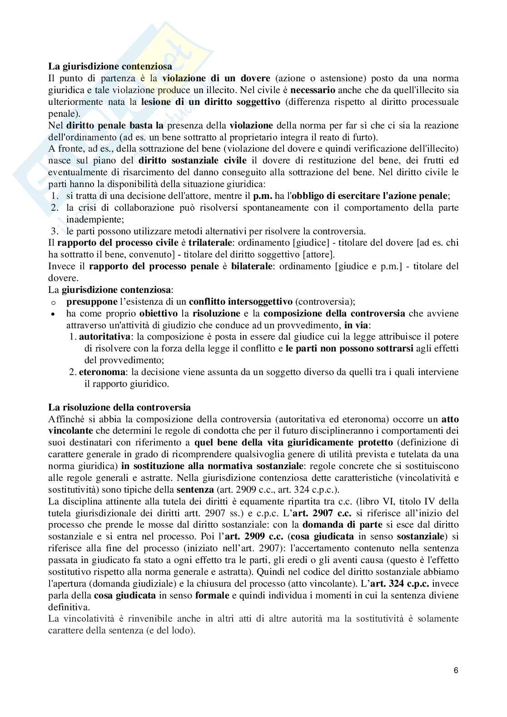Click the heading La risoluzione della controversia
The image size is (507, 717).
pos(119,407)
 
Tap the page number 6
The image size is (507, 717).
pos(456,670)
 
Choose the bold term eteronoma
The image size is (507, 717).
pos(102,372)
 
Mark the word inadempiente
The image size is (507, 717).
pos(89,219)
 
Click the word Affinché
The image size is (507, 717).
pos(66,419)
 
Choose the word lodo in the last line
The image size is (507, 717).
pos(184,631)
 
